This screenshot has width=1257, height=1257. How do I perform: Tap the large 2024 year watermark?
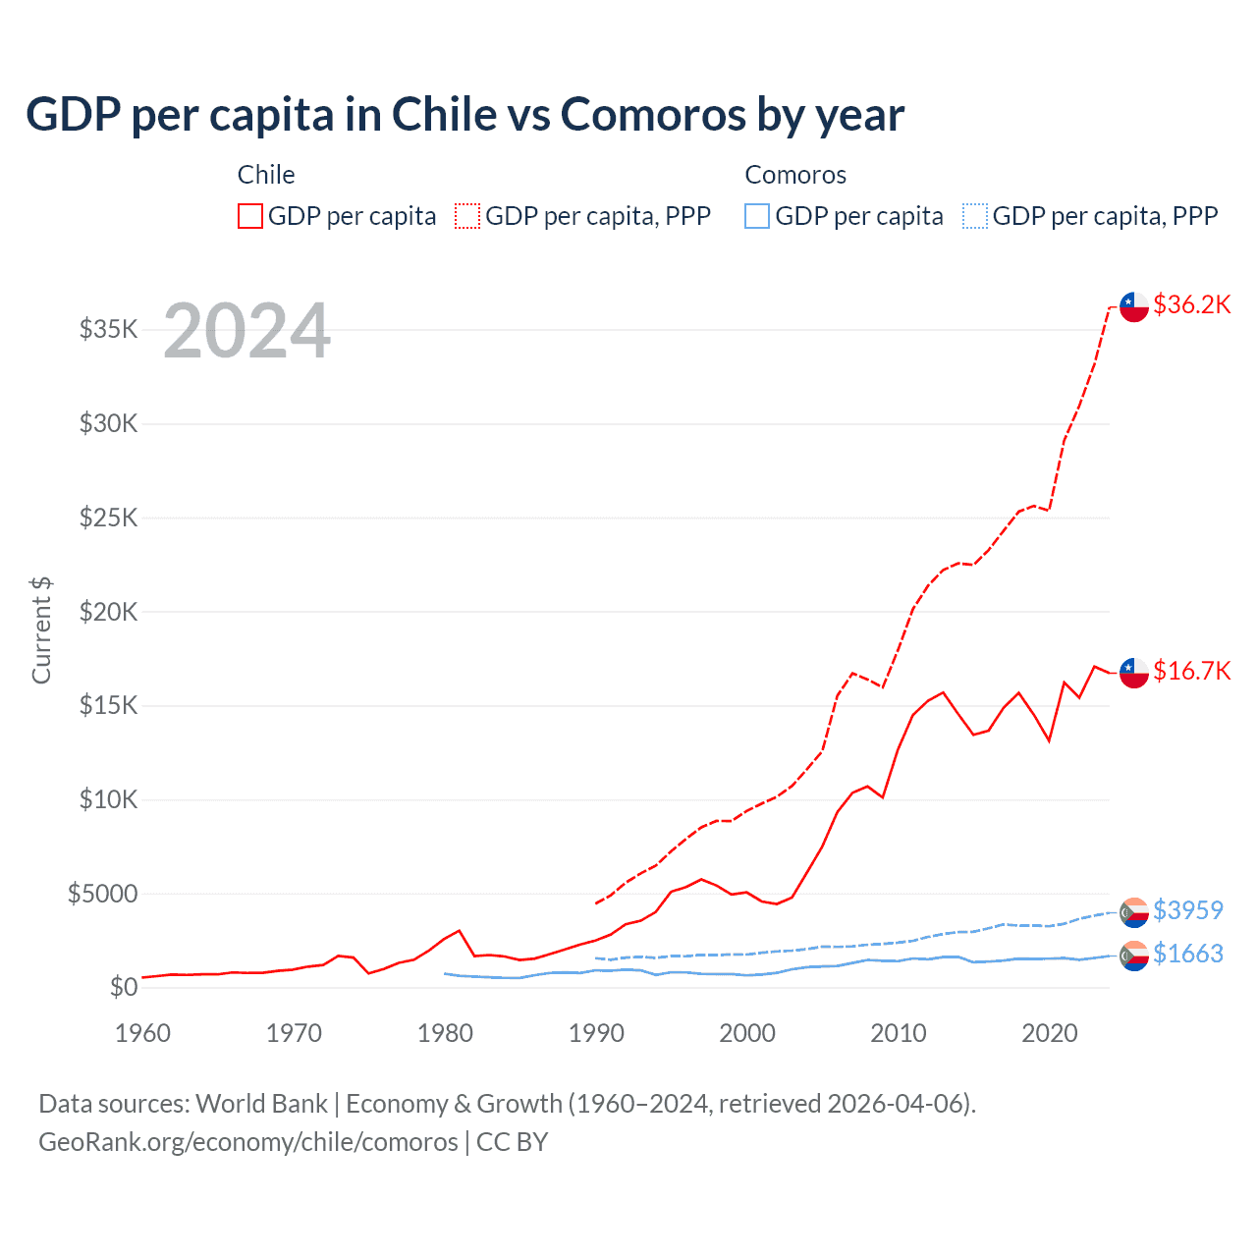(x=246, y=331)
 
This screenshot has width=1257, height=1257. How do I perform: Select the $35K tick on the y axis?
(x=108, y=329)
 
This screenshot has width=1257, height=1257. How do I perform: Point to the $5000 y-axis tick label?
(x=102, y=894)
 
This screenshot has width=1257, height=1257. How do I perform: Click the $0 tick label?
(x=123, y=987)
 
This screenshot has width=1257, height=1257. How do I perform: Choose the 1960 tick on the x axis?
(x=142, y=1033)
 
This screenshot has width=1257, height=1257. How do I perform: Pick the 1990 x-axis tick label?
(x=596, y=1033)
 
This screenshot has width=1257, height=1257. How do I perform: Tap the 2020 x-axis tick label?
(x=1050, y=1033)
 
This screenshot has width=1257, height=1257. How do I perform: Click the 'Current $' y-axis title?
(x=41, y=630)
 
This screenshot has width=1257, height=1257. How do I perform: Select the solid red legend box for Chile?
(x=250, y=216)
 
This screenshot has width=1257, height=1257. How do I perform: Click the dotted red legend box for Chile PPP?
(x=467, y=216)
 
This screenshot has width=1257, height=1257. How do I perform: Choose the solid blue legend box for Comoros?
(x=757, y=216)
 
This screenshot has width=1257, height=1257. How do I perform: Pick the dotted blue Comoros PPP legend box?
(x=975, y=216)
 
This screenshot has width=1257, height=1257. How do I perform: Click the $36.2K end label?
(x=1191, y=305)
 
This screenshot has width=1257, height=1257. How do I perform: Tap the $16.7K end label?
(x=1191, y=671)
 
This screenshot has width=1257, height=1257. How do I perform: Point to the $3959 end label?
(x=1187, y=910)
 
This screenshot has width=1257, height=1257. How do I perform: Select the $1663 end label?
(x=1187, y=954)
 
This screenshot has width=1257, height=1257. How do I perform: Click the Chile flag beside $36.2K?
(x=1134, y=306)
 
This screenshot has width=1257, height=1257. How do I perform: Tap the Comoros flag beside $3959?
(x=1134, y=912)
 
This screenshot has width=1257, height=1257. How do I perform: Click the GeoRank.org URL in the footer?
(x=247, y=1142)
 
